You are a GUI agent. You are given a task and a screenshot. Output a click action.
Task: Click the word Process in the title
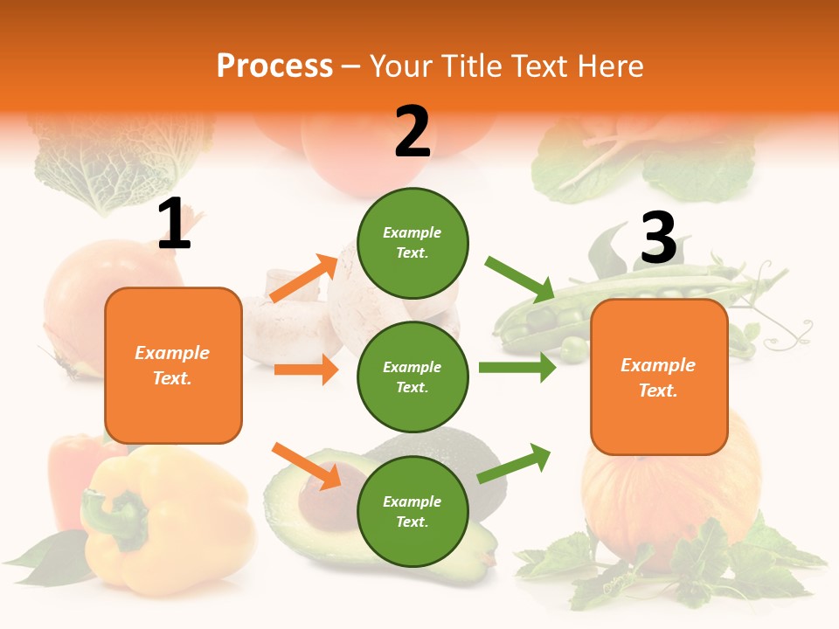274,66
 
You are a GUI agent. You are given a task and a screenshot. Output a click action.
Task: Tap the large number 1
174,225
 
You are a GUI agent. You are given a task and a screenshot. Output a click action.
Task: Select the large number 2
413,132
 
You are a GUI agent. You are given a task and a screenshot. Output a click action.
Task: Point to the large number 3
658,238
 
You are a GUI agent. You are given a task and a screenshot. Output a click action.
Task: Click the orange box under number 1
173,365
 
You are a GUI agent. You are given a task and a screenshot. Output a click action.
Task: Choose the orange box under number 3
659,377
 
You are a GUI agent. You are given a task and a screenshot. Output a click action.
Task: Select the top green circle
413,243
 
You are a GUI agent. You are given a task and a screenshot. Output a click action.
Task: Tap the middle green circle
413,377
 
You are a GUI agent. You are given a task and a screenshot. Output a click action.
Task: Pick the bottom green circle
413,511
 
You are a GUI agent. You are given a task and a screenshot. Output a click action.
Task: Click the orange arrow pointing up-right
303,278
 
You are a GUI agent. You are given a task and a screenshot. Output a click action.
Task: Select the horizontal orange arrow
306,370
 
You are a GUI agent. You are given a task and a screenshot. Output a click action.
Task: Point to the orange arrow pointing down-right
306,466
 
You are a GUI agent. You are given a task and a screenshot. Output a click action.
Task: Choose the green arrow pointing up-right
514,463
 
